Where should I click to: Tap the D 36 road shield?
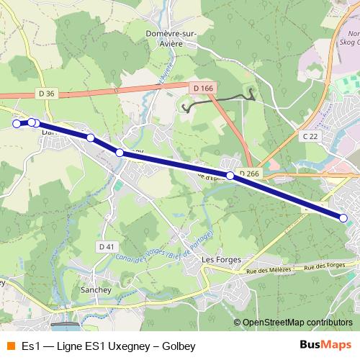[46, 94]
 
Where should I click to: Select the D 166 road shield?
[204, 88]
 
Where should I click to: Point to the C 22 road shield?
[310, 135]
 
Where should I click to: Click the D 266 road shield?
[249, 174]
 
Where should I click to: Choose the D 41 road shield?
[106, 247]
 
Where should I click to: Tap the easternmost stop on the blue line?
[343, 217]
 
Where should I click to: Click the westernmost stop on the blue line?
[17, 124]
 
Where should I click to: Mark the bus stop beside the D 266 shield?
[230, 176]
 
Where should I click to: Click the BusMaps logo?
[326, 346]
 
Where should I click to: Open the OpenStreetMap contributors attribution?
[297, 322]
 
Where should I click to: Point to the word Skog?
[349, 43]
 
